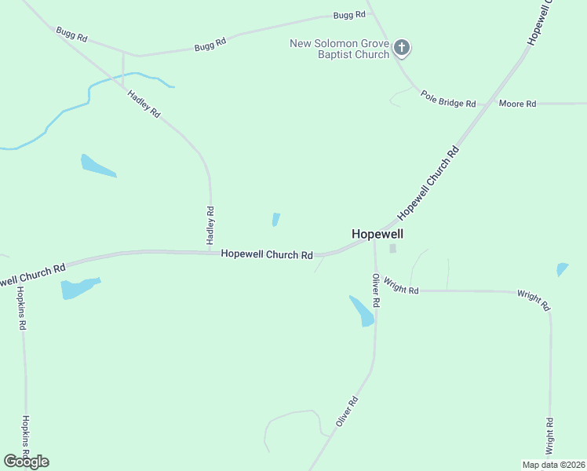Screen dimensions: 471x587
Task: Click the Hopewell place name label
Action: (x=377, y=234)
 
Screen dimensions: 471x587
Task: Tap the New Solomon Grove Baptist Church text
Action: (x=339, y=49)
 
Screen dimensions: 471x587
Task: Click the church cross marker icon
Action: (x=402, y=48)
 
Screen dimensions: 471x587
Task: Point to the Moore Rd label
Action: (x=517, y=104)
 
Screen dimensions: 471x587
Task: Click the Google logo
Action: (x=26, y=462)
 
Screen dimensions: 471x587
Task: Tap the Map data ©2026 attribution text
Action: (x=553, y=465)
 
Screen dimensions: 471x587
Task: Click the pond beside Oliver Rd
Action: (x=362, y=312)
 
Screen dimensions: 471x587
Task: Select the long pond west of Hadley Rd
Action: (x=97, y=166)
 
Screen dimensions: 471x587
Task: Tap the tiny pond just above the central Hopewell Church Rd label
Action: (x=275, y=219)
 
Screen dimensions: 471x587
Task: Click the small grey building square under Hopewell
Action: (x=393, y=249)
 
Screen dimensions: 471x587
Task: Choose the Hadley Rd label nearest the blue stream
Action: (x=144, y=104)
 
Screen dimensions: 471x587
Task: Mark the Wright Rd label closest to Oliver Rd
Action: (x=403, y=290)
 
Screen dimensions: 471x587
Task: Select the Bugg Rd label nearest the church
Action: (x=349, y=15)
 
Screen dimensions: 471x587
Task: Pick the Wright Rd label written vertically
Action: (x=550, y=435)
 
